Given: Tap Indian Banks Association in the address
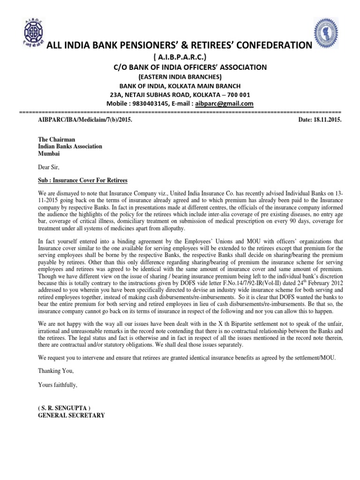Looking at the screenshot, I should click(70, 146).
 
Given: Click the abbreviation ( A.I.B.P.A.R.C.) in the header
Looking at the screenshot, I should click(180, 57).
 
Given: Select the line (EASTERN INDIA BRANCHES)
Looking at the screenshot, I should click(180, 77).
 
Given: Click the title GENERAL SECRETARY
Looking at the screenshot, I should click(71, 415).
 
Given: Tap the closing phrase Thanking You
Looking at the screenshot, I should click(55, 371).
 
